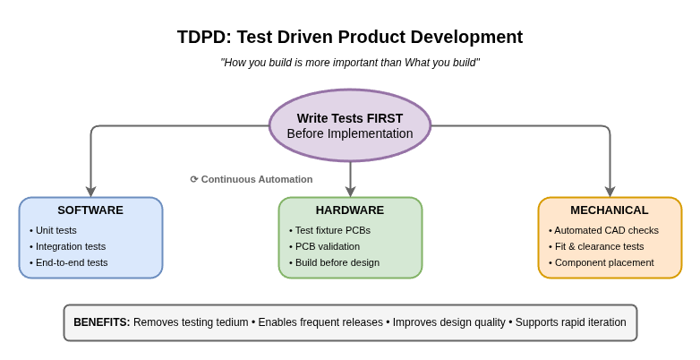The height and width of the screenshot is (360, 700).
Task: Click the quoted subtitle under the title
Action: (x=350, y=63)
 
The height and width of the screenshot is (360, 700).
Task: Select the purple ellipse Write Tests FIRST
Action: (x=350, y=125)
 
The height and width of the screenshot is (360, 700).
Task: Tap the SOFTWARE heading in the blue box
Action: (x=90, y=210)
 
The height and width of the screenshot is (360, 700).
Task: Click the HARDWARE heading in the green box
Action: (x=350, y=210)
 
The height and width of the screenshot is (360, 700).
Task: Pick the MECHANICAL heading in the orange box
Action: (x=610, y=210)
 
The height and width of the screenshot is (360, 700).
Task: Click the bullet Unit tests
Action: (x=55, y=230)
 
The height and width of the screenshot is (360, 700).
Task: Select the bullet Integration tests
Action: (x=70, y=246)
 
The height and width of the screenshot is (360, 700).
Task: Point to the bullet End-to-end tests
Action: (x=71, y=262)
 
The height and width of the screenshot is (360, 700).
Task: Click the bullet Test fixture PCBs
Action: (x=332, y=230)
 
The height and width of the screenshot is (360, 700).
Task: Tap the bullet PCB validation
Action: (x=327, y=246)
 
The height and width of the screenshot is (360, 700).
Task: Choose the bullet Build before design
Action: (x=337, y=262)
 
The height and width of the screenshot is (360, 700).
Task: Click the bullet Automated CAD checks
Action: (x=606, y=230)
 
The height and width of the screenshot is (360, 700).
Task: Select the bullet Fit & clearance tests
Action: (x=599, y=246)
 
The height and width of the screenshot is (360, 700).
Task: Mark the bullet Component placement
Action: (x=603, y=262)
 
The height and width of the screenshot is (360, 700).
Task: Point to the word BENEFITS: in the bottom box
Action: (x=101, y=322)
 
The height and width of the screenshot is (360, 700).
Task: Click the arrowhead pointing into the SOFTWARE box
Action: (x=90, y=192)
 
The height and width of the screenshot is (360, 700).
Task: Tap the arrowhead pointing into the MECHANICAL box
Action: (x=610, y=192)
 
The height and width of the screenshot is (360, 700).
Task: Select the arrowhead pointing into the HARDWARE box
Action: (x=350, y=192)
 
